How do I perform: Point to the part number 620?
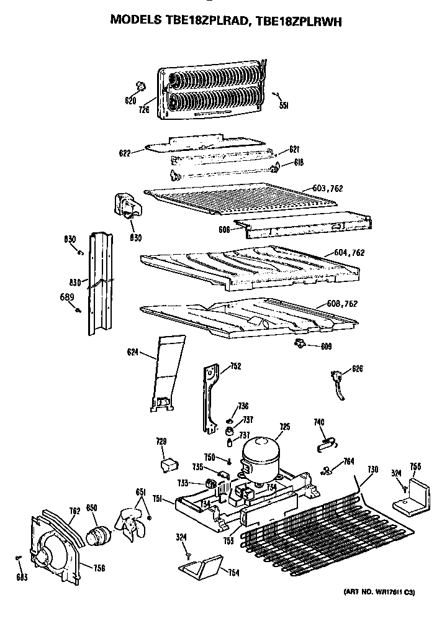pyautogui.click(x=130, y=101)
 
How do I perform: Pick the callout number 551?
pyautogui.click(x=284, y=106)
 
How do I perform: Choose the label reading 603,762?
pyautogui.click(x=328, y=188)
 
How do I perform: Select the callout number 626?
pyautogui.click(x=356, y=369)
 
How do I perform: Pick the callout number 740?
pyautogui.click(x=319, y=422)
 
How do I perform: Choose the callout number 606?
pyautogui.click(x=224, y=229)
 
